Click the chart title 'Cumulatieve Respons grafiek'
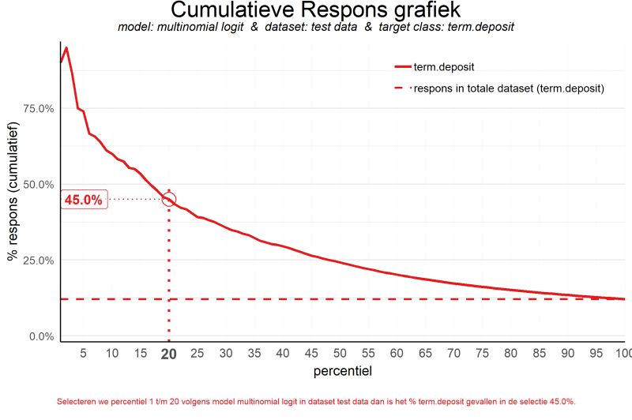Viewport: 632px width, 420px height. tap(316, 10)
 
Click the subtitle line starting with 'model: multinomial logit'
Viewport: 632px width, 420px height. tap(316, 28)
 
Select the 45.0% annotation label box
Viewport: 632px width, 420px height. tap(83, 200)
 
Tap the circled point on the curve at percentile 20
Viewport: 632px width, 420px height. tap(168, 199)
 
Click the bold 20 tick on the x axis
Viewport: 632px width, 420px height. tap(168, 354)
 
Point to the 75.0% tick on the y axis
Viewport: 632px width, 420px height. tap(36, 108)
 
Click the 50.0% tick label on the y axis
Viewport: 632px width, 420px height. tap(36, 185)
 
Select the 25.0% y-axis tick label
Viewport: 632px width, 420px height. tap(36, 261)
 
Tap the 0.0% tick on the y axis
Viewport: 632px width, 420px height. tap(39, 337)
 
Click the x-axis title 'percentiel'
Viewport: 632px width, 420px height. tap(343, 369)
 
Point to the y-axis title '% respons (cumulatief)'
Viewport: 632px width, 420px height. tap(13, 197)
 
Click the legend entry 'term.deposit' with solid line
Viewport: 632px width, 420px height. tap(443, 66)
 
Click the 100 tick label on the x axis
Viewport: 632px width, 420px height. tap(623, 354)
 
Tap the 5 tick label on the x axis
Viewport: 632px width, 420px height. tap(83, 354)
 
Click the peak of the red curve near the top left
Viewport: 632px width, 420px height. tap(66, 48)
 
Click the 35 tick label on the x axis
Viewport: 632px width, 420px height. tap(254, 354)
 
